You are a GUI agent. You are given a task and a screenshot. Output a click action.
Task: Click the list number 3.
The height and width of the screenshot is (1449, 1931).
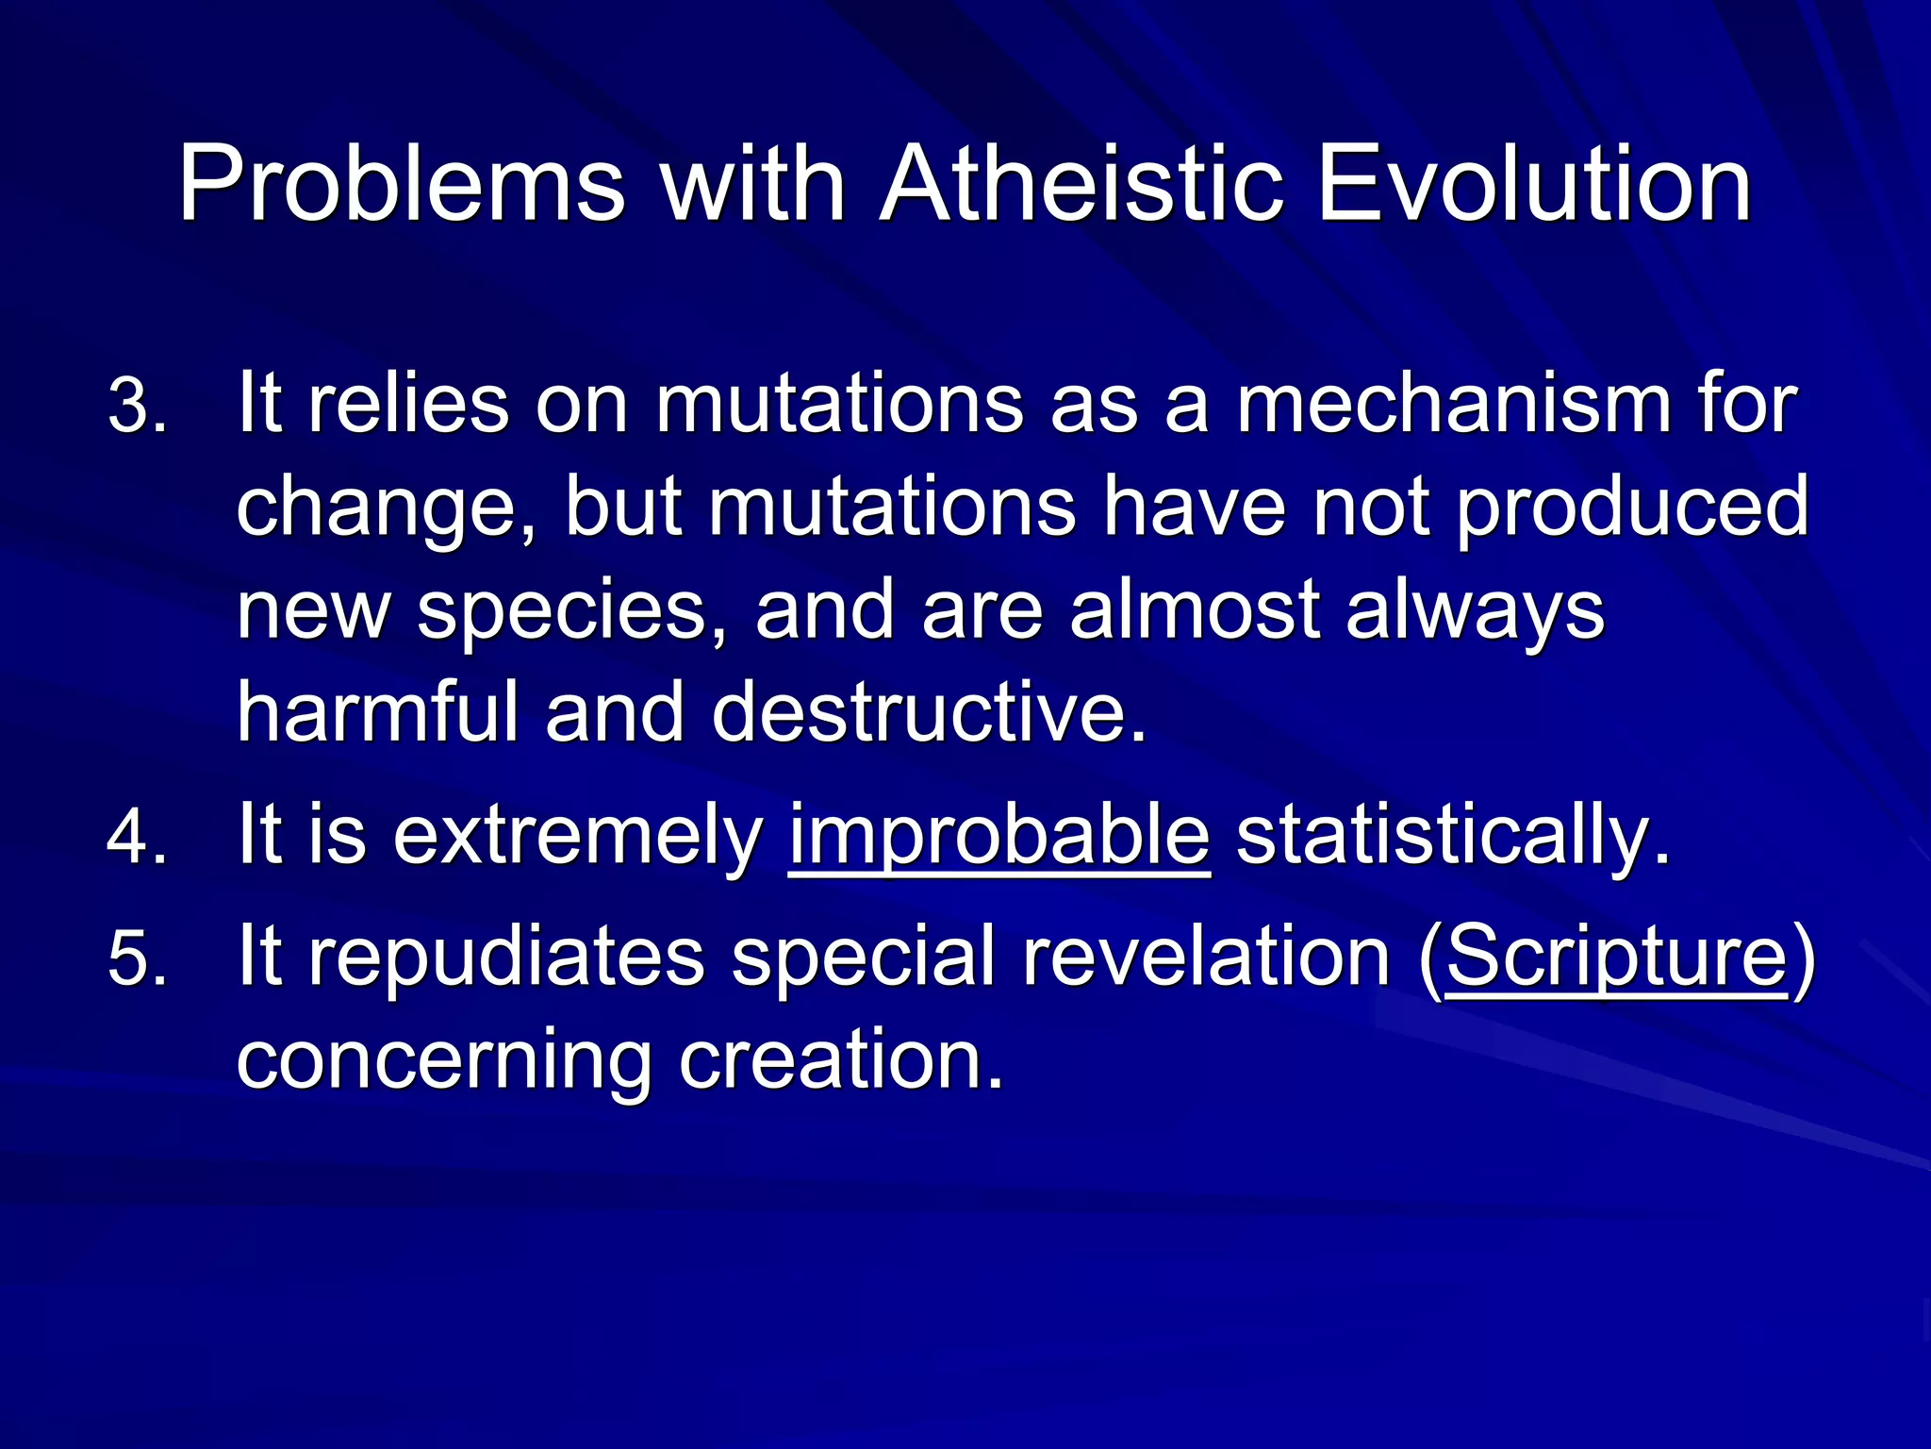pos(138,408)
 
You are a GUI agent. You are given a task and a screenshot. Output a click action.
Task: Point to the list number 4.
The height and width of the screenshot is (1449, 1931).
pos(138,836)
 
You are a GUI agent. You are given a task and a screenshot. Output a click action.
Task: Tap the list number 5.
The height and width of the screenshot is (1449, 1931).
pos(138,958)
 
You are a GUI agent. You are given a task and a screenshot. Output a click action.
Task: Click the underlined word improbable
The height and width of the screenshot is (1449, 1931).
pos(999,836)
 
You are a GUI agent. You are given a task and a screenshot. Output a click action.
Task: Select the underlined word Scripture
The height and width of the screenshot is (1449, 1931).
pos(1615,957)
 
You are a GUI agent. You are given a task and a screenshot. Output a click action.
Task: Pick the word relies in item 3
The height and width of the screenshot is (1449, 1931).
pos(408,406)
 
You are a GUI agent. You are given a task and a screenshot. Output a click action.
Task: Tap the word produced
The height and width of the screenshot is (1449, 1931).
pos(1632,509)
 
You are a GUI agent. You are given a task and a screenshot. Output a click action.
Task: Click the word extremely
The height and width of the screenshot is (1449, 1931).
pos(577,836)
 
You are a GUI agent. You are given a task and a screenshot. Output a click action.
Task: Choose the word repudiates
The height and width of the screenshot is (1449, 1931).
pos(507,958)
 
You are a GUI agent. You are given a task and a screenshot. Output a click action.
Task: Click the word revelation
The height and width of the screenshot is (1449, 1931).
pos(1207,957)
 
